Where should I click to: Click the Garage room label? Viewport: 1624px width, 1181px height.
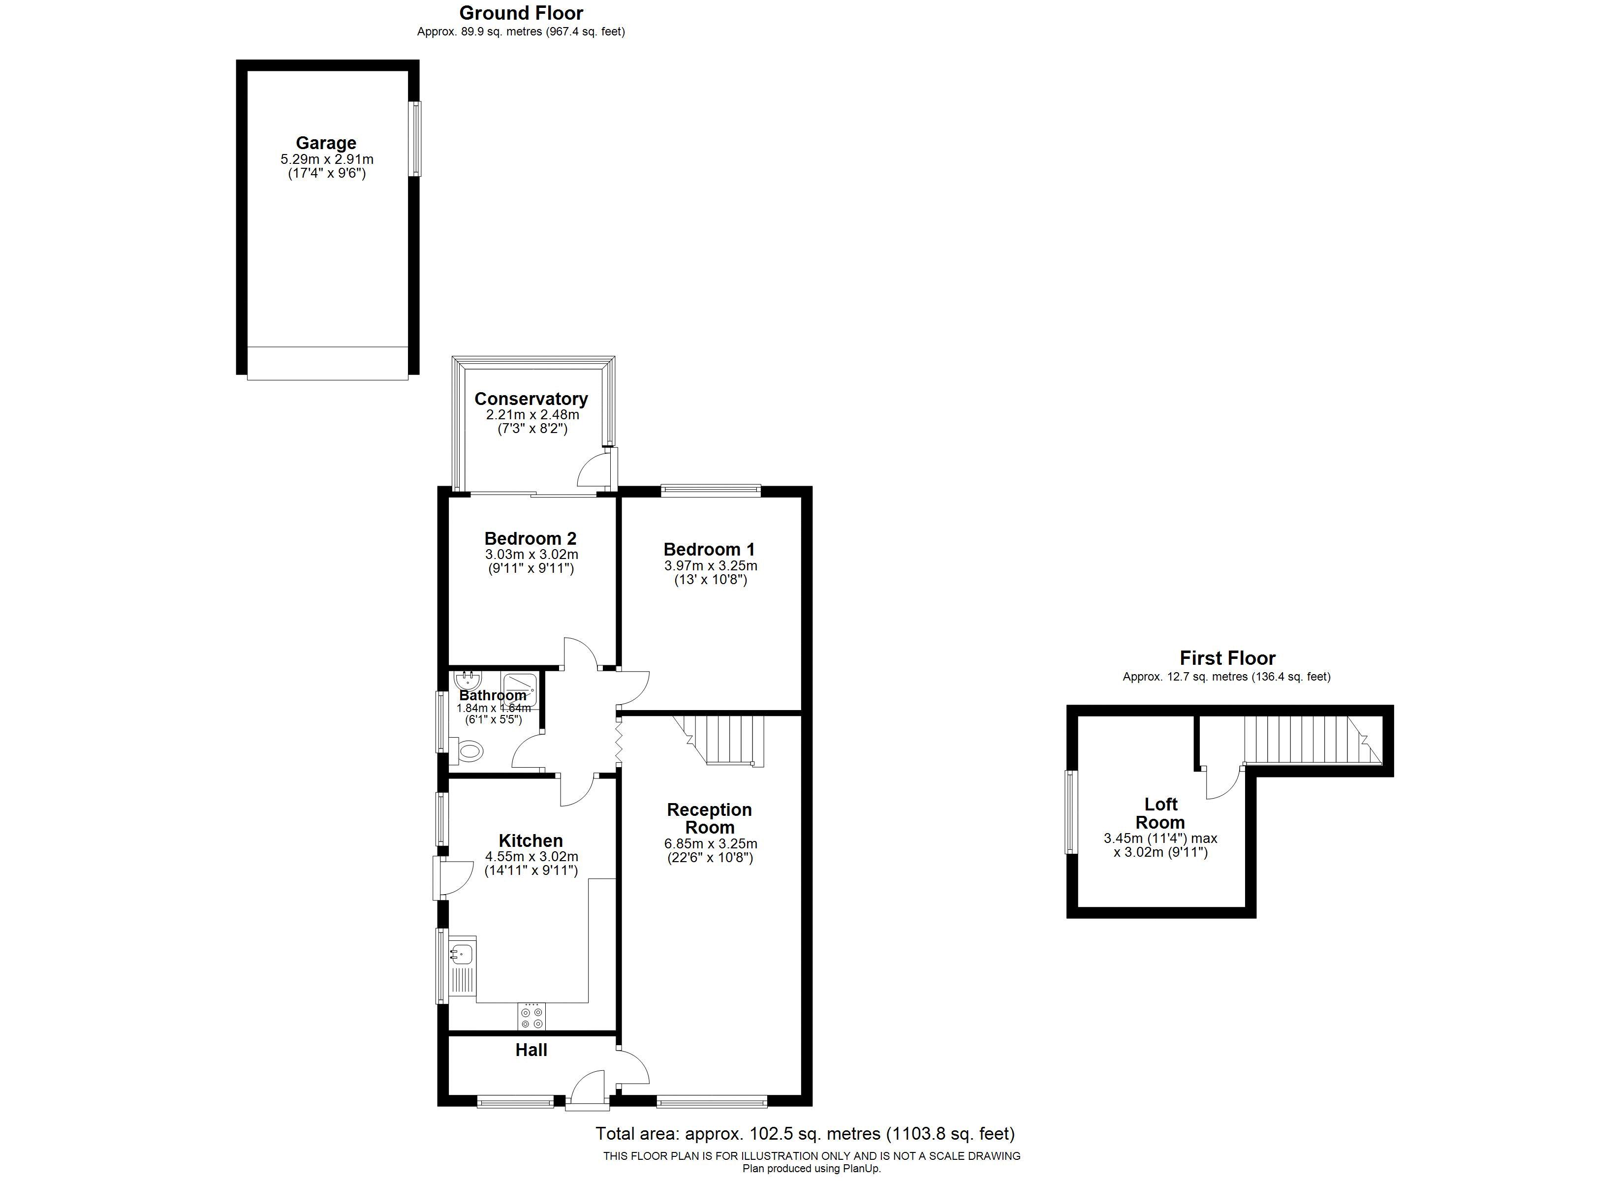click(x=326, y=143)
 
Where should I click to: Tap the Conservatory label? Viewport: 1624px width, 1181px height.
click(x=531, y=399)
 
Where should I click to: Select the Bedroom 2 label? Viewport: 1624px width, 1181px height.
click(x=531, y=538)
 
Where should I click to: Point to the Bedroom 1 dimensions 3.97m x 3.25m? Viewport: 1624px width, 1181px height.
click(x=710, y=566)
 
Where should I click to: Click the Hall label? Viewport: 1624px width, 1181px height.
click(x=531, y=1050)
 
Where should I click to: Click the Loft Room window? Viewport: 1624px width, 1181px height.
click(x=1072, y=812)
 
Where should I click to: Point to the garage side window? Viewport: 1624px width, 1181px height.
click(x=414, y=138)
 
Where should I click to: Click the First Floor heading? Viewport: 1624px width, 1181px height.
click(x=1227, y=658)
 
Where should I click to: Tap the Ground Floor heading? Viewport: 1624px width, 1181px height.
click(x=521, y=13)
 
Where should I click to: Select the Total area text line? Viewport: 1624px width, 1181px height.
click(x=806, y=1134)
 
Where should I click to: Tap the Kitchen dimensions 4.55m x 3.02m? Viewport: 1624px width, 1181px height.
click(x=531, y=857)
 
